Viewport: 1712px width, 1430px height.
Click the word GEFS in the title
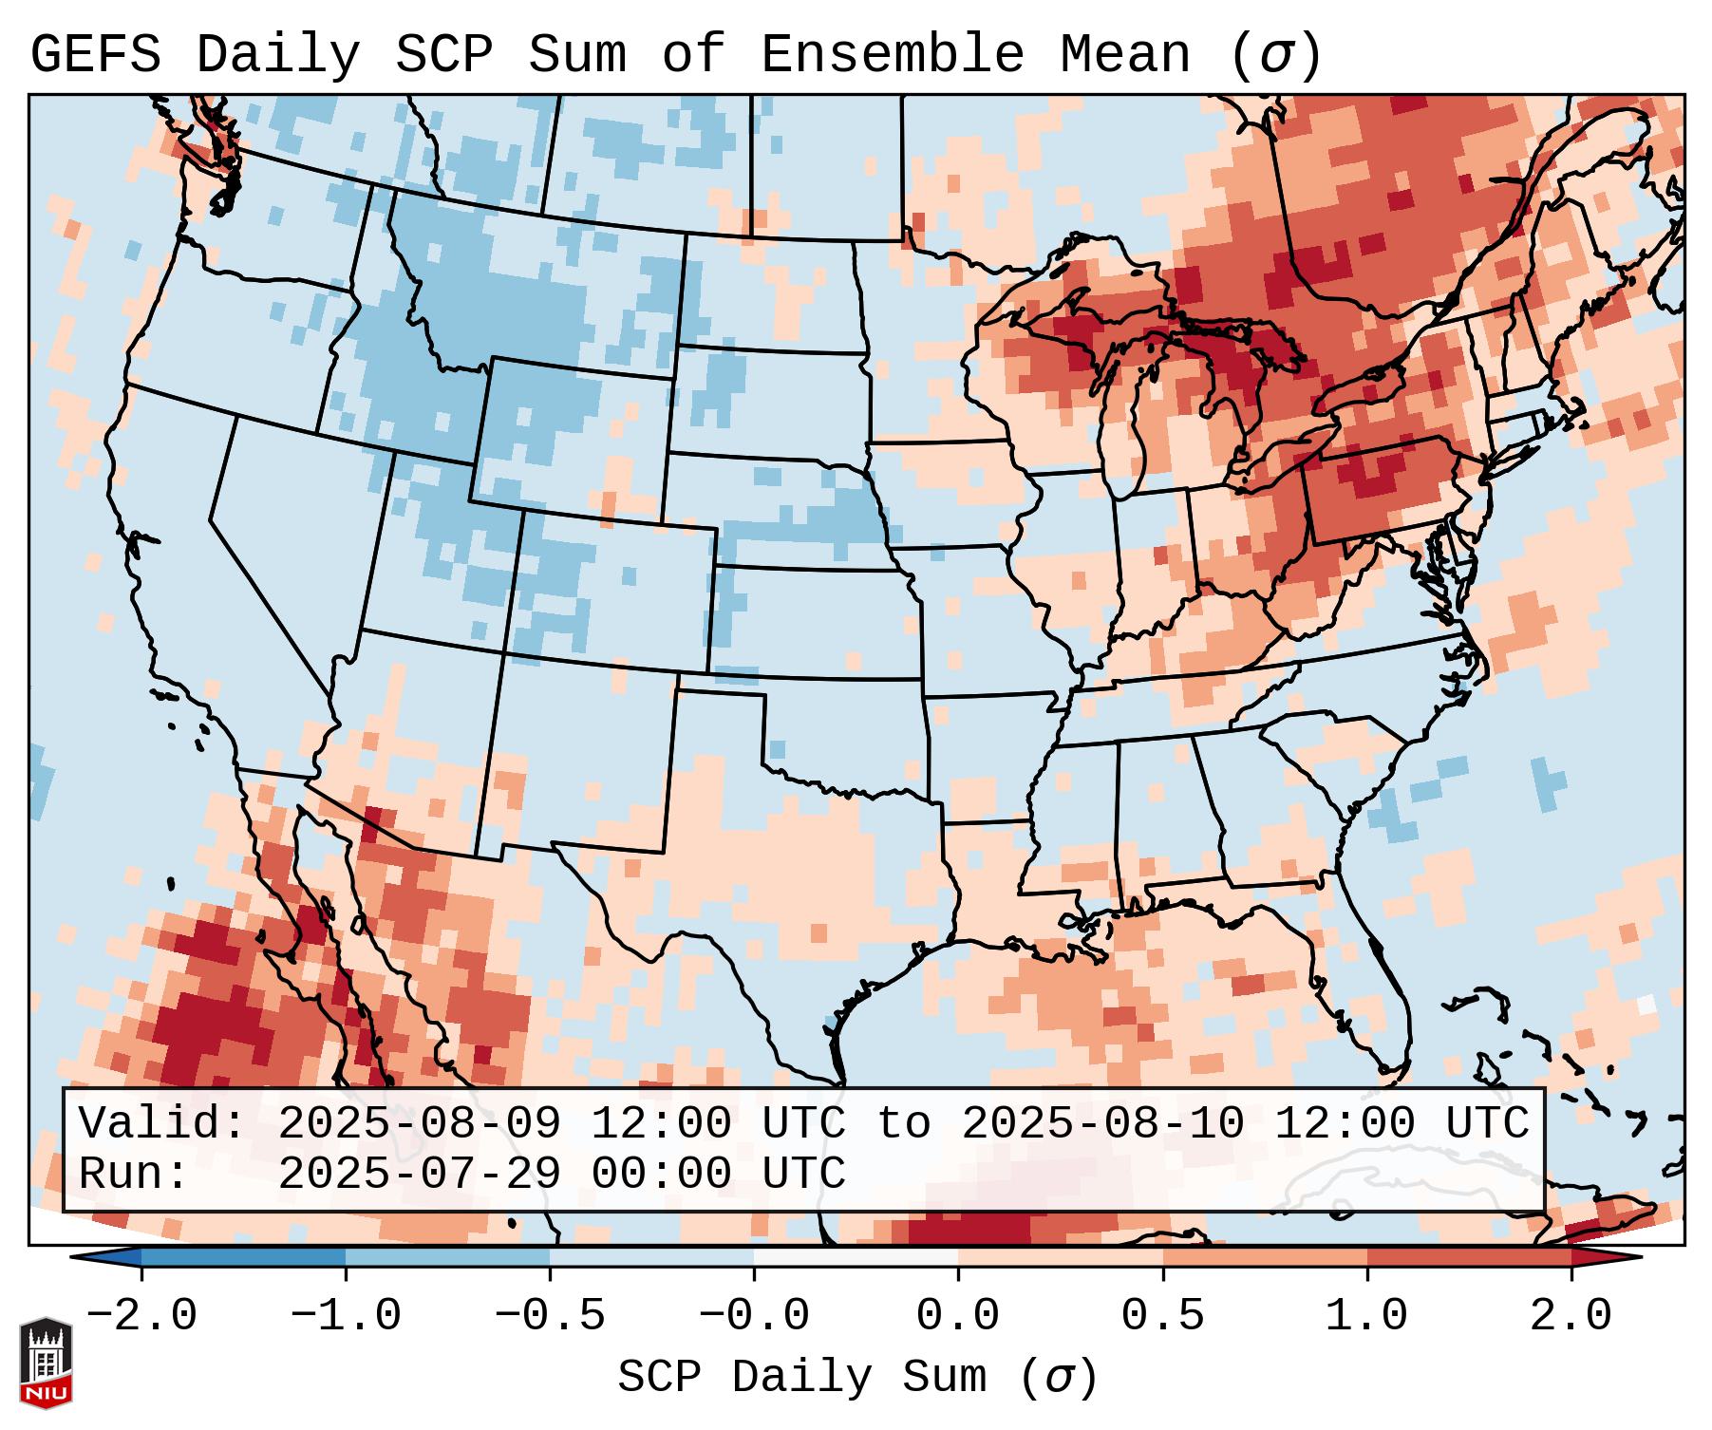pos(95,55)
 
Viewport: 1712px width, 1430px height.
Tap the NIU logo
pos(46,1362)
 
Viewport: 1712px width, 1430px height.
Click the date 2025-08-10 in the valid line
pos(1102,1123)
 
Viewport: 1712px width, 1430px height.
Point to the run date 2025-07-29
pos(419,1174)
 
